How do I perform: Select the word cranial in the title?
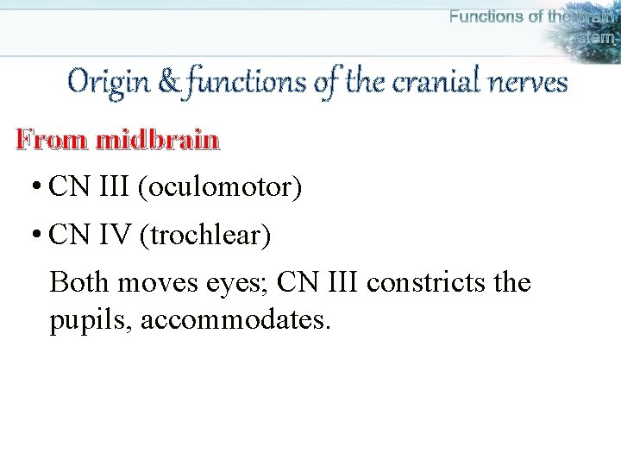(430, 83)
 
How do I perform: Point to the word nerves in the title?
(527, 83)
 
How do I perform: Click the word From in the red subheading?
(52, 140)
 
